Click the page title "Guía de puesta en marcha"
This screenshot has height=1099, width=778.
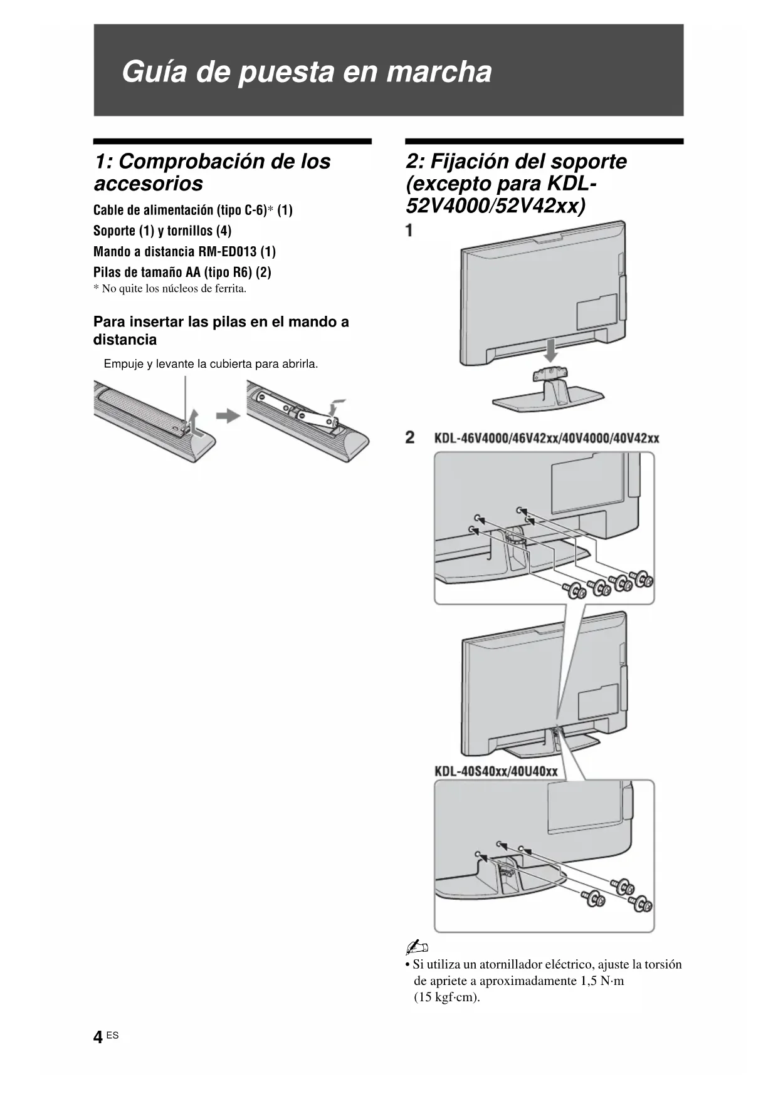307,71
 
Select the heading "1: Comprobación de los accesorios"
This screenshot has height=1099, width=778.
212,172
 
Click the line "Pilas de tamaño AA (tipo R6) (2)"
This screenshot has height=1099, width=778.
182,272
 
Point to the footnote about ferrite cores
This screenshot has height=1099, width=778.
170,289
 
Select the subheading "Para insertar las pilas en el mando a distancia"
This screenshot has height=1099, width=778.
221,330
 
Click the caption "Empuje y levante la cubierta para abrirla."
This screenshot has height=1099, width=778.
211,364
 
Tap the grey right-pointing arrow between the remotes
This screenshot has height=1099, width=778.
228,415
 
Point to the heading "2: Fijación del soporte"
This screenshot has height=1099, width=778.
516,161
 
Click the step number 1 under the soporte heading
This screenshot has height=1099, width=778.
409,230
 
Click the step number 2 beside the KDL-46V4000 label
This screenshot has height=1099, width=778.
410,437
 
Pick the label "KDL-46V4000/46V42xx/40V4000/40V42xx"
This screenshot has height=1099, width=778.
547,438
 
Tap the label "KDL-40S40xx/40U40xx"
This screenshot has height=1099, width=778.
496,771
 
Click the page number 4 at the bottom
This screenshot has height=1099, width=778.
98,1038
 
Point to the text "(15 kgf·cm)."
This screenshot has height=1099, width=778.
446,997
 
